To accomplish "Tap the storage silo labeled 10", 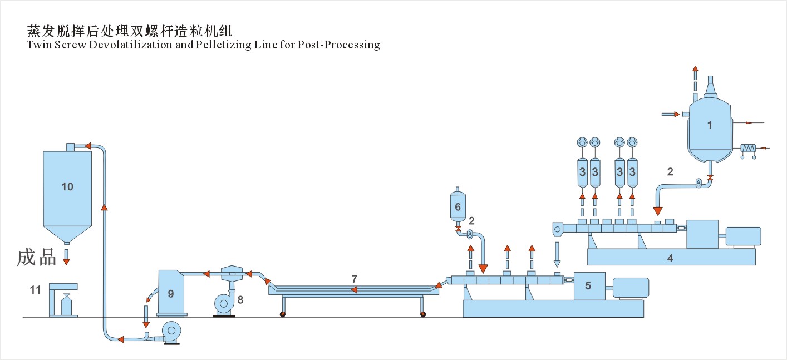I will [67, 189].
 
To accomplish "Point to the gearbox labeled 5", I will [589, 286].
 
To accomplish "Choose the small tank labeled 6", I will [458, 208].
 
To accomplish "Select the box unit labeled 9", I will [171, 293].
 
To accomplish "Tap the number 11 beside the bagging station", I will [36, 289].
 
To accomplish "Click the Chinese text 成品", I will [37, 257].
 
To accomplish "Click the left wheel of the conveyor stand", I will [283, 315].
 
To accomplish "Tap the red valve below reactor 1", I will [710, 177].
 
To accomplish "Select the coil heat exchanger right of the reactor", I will [748, 148].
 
